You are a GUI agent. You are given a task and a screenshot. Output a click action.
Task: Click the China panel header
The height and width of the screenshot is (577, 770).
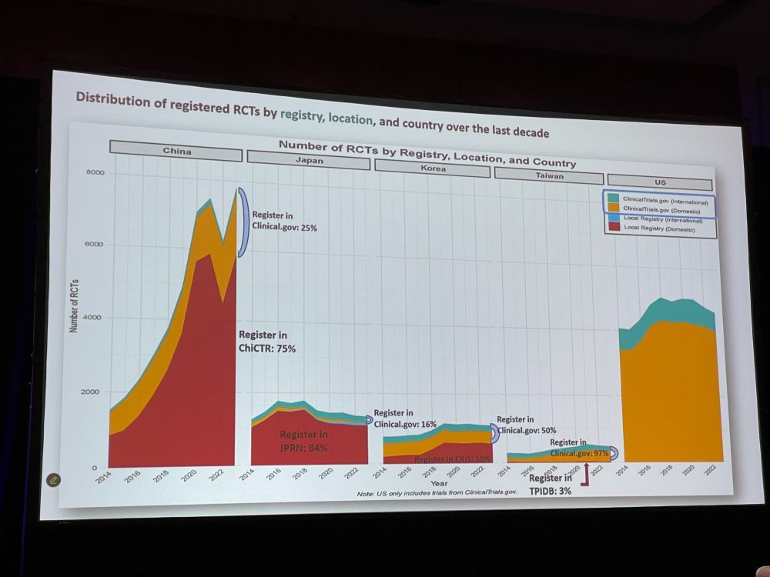pos(176,152)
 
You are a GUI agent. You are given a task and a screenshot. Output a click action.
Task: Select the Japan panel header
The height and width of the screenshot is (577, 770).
pos(308,161)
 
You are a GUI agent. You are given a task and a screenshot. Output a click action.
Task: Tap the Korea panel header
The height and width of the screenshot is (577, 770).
pos(432,168)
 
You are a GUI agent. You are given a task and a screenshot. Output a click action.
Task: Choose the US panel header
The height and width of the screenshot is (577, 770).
pos(660,182)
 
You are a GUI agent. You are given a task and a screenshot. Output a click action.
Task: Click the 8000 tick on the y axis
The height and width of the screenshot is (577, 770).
pos(94,173)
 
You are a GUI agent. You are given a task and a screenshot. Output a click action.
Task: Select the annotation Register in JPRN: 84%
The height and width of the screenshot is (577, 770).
pos(303,441)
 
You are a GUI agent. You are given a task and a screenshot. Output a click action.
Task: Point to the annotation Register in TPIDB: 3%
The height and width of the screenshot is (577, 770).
pos(550,484)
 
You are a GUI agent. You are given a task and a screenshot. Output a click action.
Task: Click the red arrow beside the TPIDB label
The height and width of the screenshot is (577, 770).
pos(588,475)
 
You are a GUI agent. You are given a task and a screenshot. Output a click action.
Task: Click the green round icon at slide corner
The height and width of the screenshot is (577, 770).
pos(54,479)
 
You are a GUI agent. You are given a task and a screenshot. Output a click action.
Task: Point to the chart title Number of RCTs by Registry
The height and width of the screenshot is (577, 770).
pos(427,154)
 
